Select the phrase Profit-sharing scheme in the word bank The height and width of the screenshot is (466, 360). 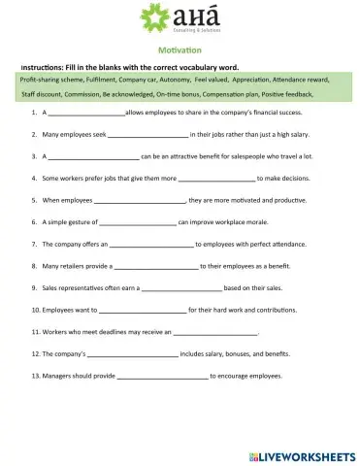coord(48,77)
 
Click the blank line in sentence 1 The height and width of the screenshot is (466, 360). coord(86,114)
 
